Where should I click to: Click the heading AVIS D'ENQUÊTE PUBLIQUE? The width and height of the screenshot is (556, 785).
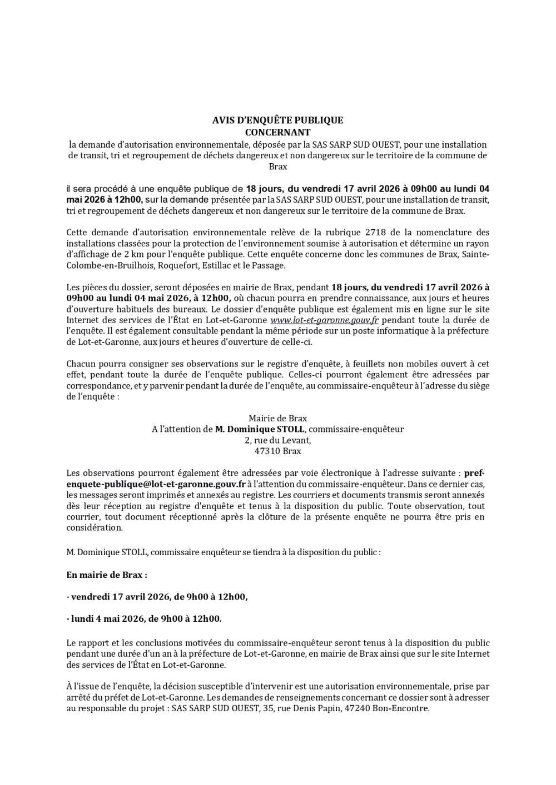point(277,120)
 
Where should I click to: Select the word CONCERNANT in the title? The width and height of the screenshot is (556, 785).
point(277,132)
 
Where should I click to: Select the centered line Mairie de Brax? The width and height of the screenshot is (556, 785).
point(277,418)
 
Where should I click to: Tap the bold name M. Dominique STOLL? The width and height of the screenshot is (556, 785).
point(260,429)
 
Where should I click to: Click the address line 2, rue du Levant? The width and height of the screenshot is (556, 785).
point(277,440)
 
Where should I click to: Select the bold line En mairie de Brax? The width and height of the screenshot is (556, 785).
point(107,575)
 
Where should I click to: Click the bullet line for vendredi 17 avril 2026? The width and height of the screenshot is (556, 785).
point(157,597)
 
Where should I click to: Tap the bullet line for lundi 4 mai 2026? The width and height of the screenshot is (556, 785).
point(144,618)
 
